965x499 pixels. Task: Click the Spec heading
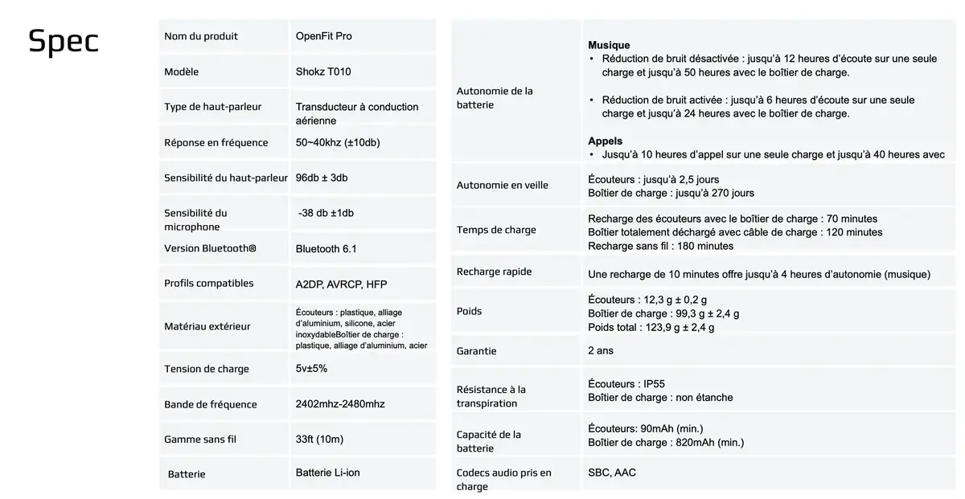pyautogui.click(x=64, y=42)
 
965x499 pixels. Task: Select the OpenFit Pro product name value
pyautogui.click(x=323, y=36)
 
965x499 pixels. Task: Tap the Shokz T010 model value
pyautogui.click(x=323, y=72)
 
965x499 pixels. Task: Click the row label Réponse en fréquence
pyautogui.click(x=216, y=142)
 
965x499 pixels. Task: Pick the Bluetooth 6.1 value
pyautogui.click(x=326, y=248)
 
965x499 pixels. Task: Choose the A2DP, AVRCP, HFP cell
pyautogui.click(x=342, y=284)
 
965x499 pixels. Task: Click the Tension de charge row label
pyautogui.click(x=207, y=369)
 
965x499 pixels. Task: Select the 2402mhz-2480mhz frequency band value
pyautogui.click(x=340, y=403)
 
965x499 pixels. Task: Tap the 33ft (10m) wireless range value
pyautogui.click(x=319, y=439)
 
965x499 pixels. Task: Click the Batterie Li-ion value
pyautogui.click(x=328, y=472)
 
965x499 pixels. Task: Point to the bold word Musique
pyautogui.click(x=609, y=45)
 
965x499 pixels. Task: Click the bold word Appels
pyautogui.click(x=605, y=141)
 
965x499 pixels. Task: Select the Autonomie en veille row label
pyautogui.click(x=502, y=185)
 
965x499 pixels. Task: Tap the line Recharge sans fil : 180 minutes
pyautogui.click(x=660, y=246)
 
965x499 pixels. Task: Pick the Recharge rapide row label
pyautogui.click(x=494, y=272)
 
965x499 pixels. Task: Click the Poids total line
pyautogui.click(x=651, y=327)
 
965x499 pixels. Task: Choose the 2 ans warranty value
pyautogui.click(x=601, y=350)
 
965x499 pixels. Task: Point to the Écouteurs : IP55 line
pyautogui.click(x=626, y=384)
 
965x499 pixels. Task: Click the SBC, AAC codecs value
pyautogui.click(x=612, y=472)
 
